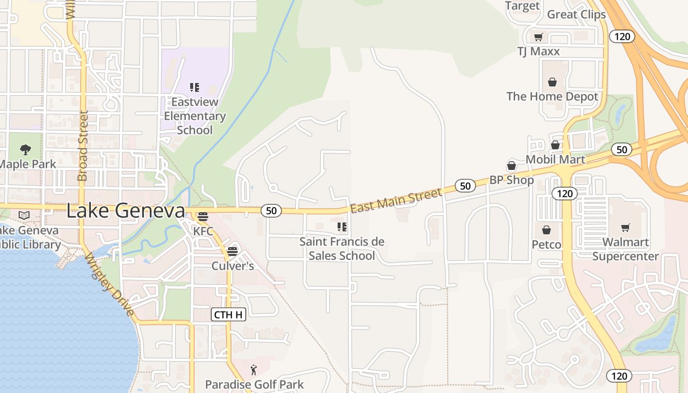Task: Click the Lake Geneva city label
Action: point(125,211)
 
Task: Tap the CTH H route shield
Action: point(229,314)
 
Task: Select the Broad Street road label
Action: point(83,146)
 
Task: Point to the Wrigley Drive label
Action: point(109,285)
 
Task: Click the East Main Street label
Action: point(396,201)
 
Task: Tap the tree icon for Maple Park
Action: point(26,150)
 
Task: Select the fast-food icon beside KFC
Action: point(202,216)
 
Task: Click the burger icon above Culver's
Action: point(232,252)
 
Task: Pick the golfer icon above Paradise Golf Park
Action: point(254,370)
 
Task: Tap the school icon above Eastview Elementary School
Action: point(195,87)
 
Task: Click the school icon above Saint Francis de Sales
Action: point(342,227)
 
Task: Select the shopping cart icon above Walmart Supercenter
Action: point(625,227)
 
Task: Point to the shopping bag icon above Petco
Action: point(546,230)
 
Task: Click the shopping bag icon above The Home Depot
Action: point(552,82)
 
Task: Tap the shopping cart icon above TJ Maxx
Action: point(539,37)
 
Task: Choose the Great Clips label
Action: point(576,14)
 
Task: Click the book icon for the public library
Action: point(24,215)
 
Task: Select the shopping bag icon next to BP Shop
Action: point(512,166)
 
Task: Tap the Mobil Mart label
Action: point(555,159)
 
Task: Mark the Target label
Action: point(522,6)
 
